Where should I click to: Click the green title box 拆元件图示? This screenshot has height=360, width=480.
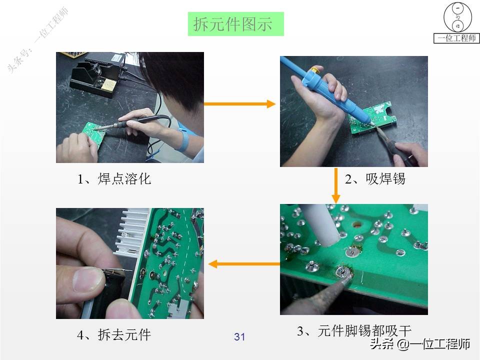(x=235, y=24)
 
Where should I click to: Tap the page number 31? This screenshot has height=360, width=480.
(x=239, y=337)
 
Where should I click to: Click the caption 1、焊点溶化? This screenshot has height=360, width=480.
(x=114, y=179)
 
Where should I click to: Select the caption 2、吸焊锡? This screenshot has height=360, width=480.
(x=375, y=179)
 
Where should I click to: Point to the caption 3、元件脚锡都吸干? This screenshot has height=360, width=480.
(x=354, y=330)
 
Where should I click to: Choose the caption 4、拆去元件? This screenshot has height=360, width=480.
(x=114, y=334)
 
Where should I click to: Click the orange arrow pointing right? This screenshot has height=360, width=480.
(x=240, y=104)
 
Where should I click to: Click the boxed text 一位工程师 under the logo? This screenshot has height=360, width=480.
(x=456, y=38)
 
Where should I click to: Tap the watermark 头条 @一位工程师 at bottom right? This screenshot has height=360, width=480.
(x=420, y=344)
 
